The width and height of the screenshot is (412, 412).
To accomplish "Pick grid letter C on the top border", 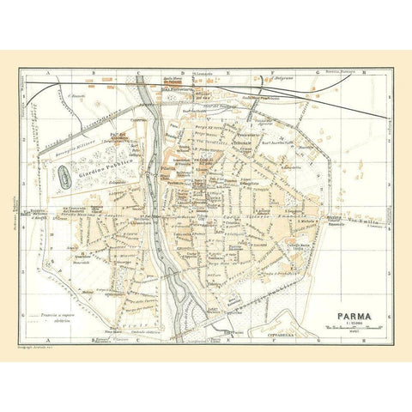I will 135,74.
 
